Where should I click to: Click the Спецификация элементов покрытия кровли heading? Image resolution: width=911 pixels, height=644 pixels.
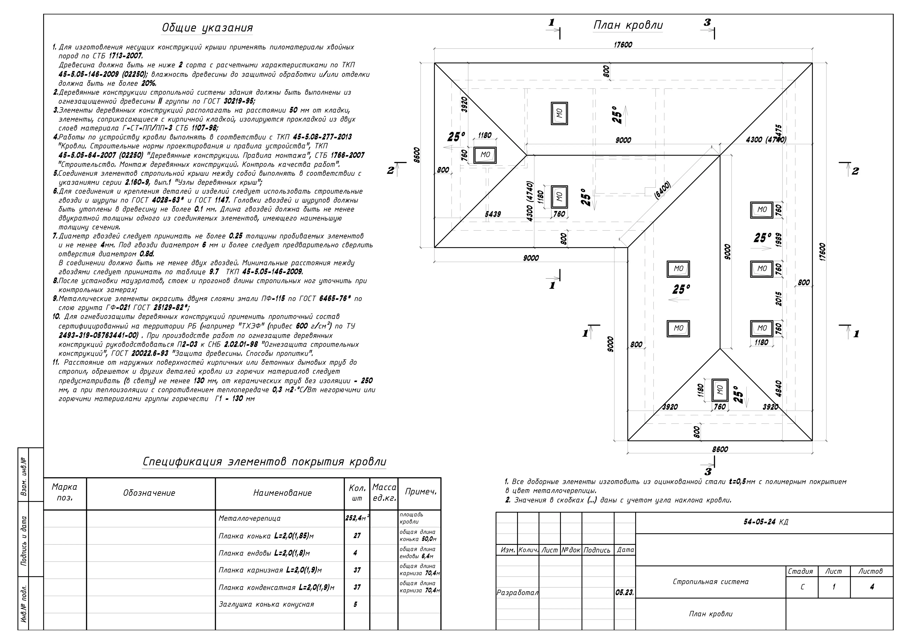tap(264, 462)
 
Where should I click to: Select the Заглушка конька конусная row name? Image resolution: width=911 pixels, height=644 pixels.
tap(266, 604)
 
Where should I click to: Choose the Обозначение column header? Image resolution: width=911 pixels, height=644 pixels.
tap(149, 493)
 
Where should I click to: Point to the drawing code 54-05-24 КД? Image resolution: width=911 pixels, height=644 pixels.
tap(766, 522)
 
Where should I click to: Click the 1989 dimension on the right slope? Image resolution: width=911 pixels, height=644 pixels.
tap(779, 240)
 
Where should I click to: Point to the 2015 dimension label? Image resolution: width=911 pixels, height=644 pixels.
tap(779, 299)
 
